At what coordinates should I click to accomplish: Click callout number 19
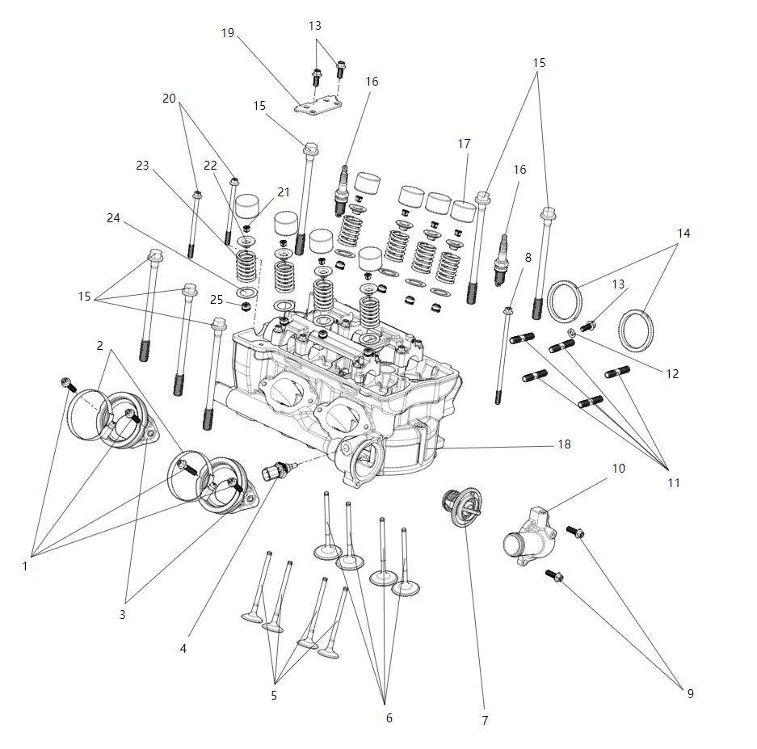(227, 33)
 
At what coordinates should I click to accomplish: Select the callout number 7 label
(484, 720)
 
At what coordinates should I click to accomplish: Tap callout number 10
(617, 469)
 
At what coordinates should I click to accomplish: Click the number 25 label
(216, 300)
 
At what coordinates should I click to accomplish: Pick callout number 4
(183, 648)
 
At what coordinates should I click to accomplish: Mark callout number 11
(673, 482)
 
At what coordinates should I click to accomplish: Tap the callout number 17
(464, 144)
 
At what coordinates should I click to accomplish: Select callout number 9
(690, 693)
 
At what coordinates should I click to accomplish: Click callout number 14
(683, 233)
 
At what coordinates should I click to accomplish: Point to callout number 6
(388, 717)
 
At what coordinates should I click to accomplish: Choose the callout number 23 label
(143, 166)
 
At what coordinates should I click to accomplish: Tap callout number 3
(122, 614)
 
